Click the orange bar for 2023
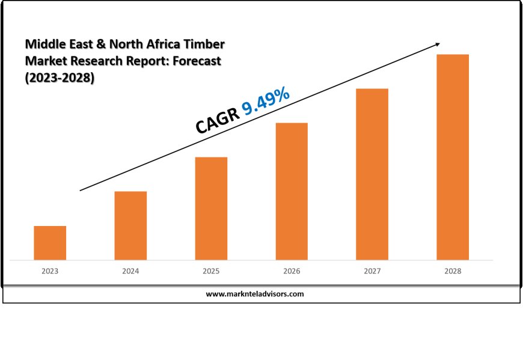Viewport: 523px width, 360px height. [50, 243]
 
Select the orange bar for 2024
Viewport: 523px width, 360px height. [130, 225]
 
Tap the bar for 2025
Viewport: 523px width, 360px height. [211, 209]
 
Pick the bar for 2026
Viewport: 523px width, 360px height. [292, 191]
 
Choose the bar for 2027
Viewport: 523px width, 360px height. [372, 174]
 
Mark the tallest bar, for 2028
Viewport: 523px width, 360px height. [453, 157]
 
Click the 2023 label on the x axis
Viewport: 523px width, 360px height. [50, 272]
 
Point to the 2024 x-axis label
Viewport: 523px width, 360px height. [130, 272]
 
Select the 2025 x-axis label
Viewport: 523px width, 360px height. [211, 272]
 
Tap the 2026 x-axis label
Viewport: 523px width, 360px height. [292, 272]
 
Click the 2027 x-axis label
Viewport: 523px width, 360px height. [372, 272]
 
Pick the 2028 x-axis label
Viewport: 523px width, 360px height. [453, 272]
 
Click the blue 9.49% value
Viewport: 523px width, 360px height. [266, 100]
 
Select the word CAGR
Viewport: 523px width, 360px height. [217, 120]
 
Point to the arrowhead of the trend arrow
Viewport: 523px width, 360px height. [438, 44]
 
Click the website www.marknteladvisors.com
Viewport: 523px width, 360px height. [255, 294]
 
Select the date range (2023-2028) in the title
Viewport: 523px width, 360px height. [60, 78]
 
